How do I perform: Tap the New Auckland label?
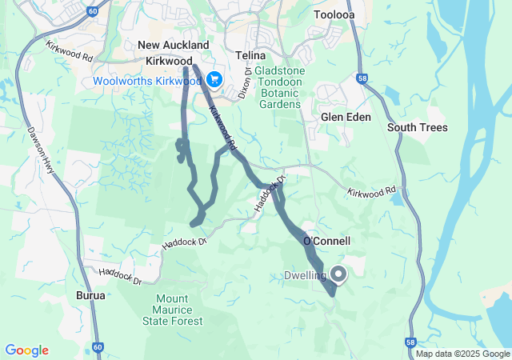click(x=174, y=46)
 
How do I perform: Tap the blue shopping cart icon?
click(x=214, y=80)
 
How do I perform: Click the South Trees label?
click(x=418, y=128)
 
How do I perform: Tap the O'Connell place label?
click(x=326, y=241)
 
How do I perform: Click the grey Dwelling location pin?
click(x=338, y=274)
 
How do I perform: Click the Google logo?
click(x=26, y=350)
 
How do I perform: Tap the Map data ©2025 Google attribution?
click(x=462, y=354)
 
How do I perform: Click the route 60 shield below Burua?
click(x=98, y=347)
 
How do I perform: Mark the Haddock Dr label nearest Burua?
click(x=120, y=277)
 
